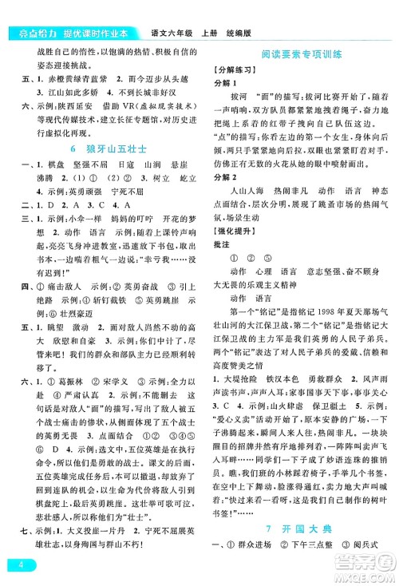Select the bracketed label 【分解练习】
pyautogui.click(x=238, y=70)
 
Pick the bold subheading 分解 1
pyautogui.click(x=229, y=83)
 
